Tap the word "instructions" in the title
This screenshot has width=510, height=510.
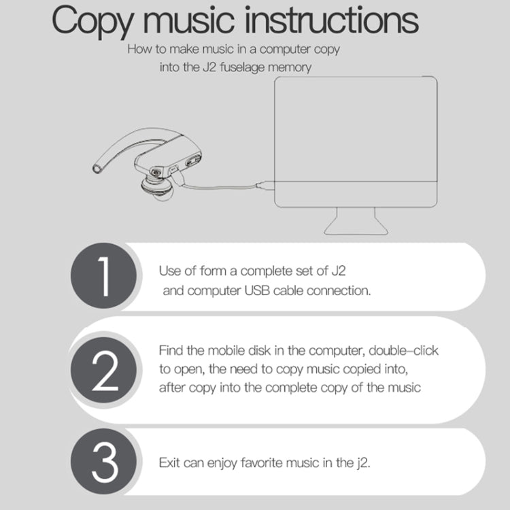(331, 20)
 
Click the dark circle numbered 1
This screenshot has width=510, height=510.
(103, 275)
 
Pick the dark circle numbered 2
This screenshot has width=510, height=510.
(103, 370)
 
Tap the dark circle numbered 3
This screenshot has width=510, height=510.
(103, 462)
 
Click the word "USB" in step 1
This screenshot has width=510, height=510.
(257, 290)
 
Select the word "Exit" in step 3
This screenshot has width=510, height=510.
(169, 462)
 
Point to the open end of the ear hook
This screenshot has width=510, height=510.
(97, 169)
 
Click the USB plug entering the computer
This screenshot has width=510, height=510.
(265, 186)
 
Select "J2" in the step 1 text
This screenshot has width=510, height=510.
(338, 271)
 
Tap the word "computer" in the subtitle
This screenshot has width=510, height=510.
(285, 50)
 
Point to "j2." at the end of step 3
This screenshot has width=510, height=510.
(363, 463)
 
